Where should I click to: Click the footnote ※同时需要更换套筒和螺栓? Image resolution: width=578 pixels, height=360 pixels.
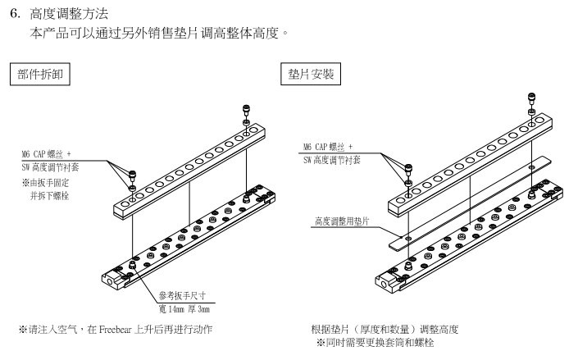click(380, 340)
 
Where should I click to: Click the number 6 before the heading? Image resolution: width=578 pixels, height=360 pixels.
click(13, 16)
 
